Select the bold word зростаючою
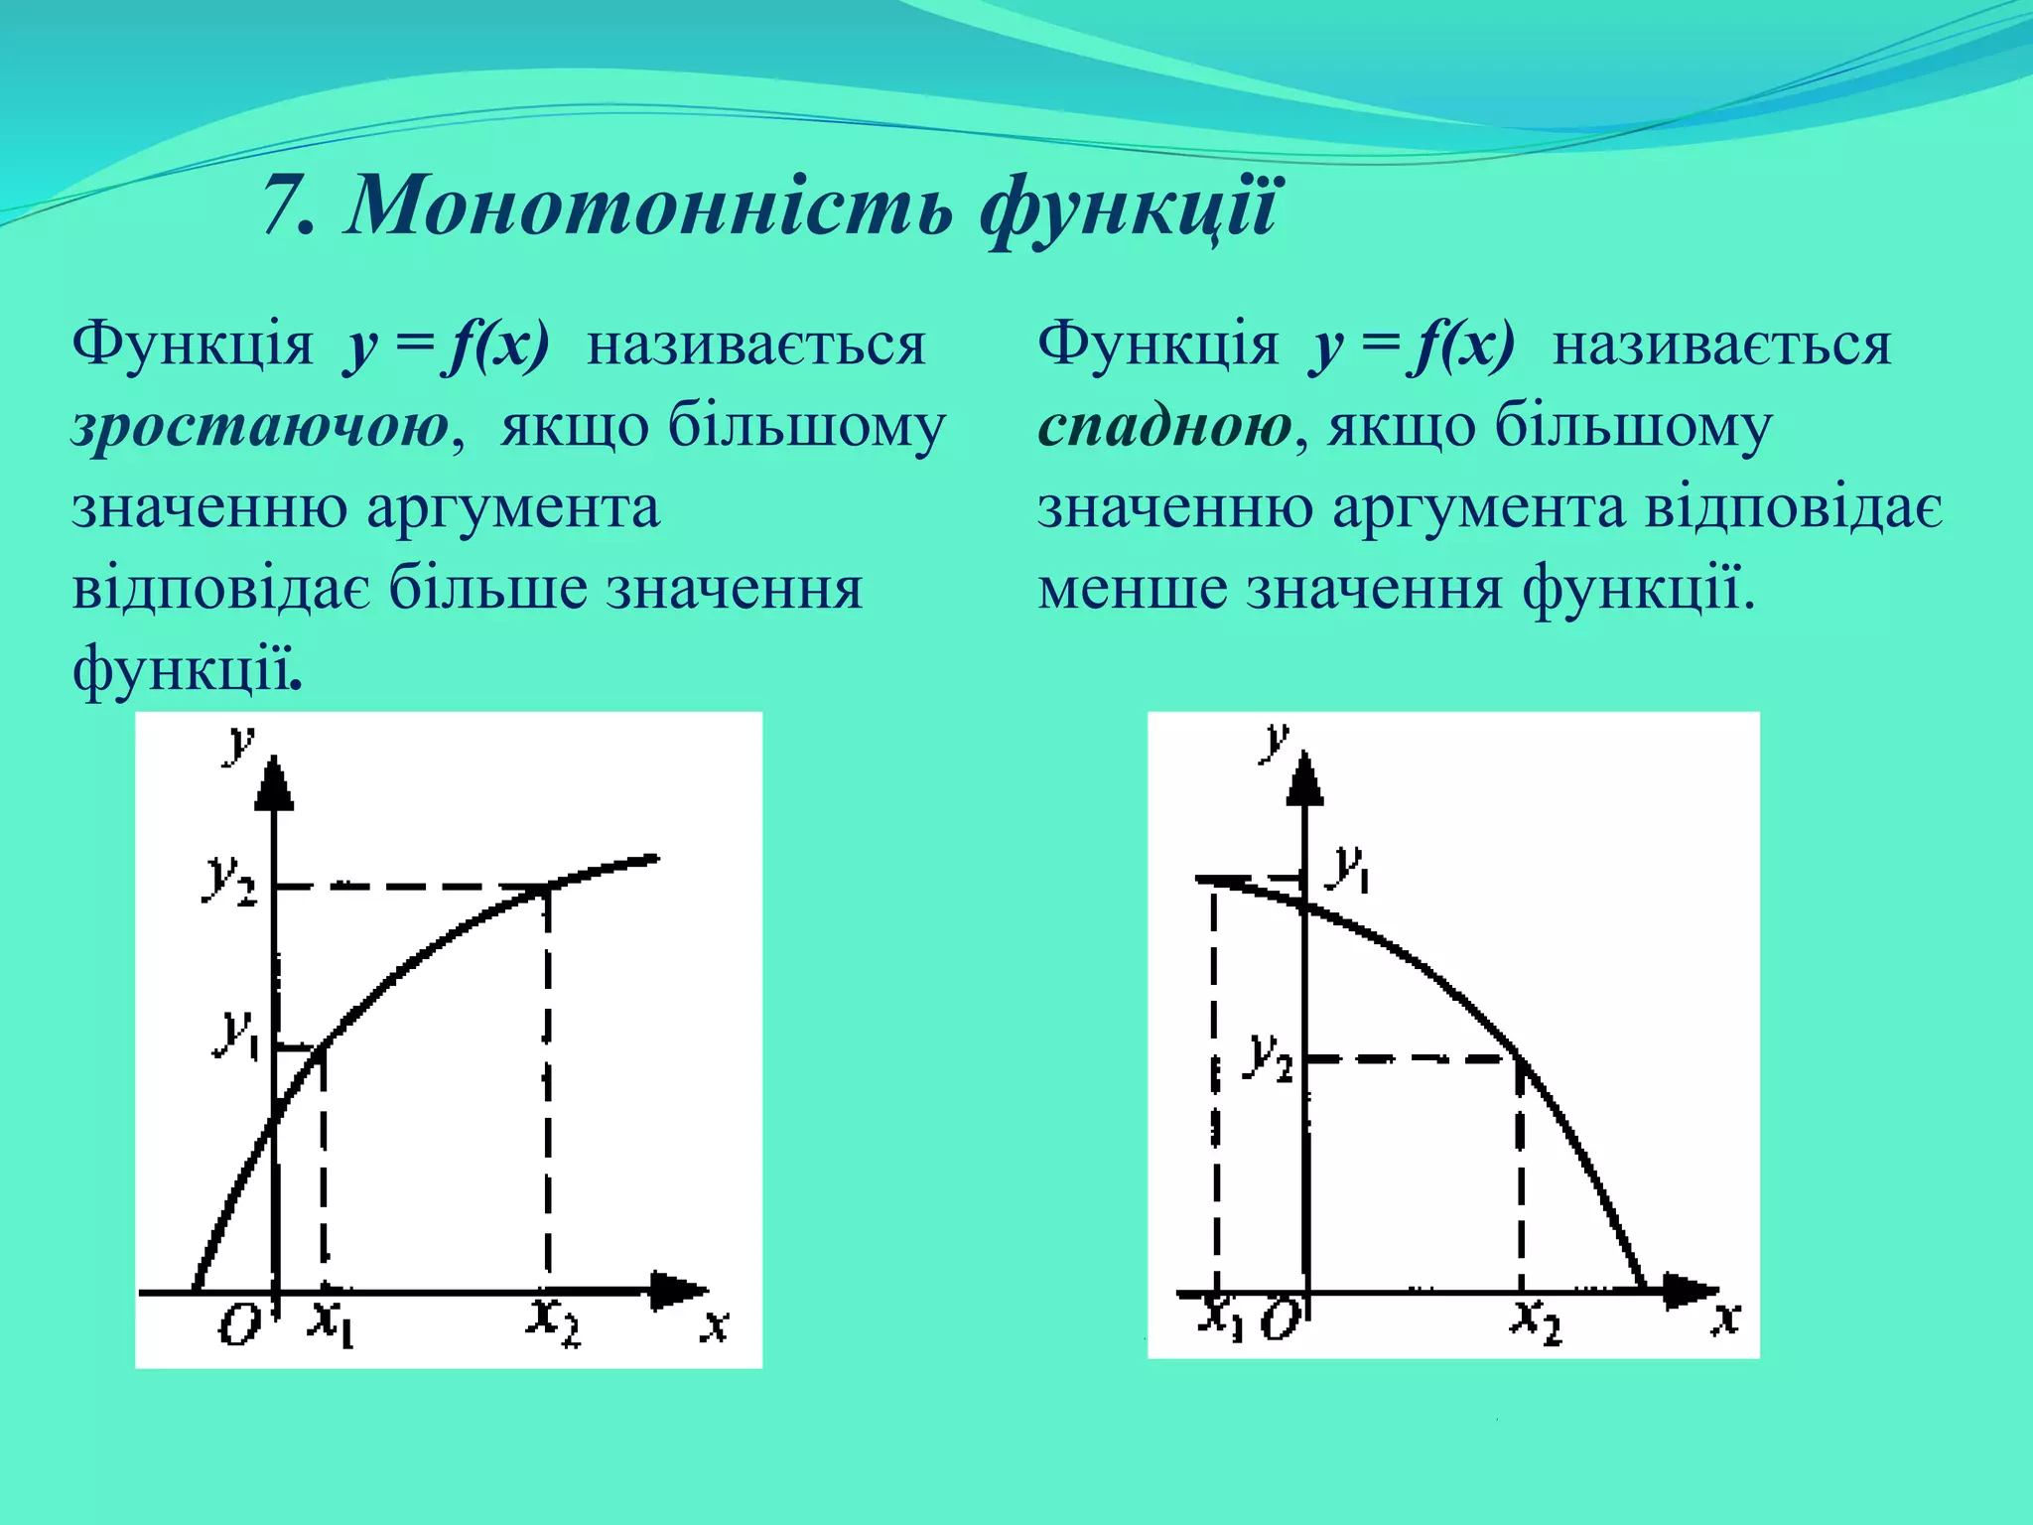(x=260, y=428)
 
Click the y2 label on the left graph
(x=229, y=880)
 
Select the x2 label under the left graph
(x=552, y=1320)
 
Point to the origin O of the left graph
(x=238, y=1323)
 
